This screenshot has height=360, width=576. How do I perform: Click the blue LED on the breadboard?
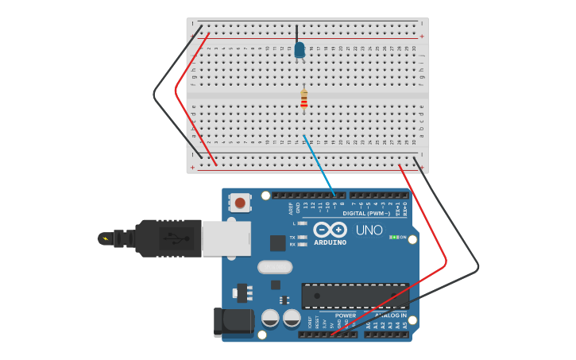click(x=300, y=50)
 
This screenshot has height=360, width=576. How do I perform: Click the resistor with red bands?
click(x=303, y=99)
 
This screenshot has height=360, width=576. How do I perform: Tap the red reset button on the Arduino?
click(x=241, y=203)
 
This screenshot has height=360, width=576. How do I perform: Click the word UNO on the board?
click(x=368, y=230)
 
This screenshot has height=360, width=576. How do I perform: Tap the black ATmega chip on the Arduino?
click(x=355, y=296)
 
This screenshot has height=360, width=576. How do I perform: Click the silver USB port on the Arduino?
click(x=226, y=238)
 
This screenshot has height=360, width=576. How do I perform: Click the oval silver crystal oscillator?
click(x=275, y=267)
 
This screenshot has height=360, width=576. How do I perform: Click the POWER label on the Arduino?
click(x=346, y=315)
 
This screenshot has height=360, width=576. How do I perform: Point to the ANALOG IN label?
click(x=390, y=315)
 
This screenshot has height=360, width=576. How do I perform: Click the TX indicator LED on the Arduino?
click(x=302, y=238)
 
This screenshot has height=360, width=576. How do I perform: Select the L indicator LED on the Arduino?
click(x=302, y=223)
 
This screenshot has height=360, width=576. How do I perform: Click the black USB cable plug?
click(x=163, y=238)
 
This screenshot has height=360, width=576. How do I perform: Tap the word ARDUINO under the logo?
click(x=331, y=242)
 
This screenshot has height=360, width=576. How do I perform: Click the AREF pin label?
click(x=291, y=209)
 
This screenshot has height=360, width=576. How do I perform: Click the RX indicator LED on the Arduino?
click(x=302, y=245)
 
